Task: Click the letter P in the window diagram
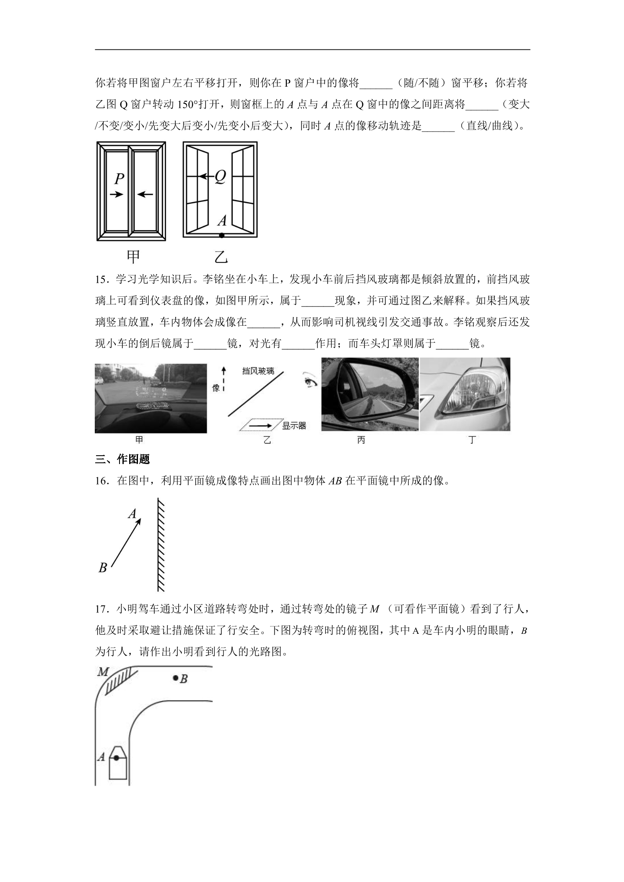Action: tap(120, 179)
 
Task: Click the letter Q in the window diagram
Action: tap(220, 177)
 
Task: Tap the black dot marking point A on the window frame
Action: tap(221, 236)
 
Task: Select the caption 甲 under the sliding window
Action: tap(133, 257)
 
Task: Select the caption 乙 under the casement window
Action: tap(221, 257)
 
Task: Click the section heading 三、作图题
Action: tap(122, 459)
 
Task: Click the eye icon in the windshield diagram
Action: tap(311, 381)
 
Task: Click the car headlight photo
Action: tap(465, 394)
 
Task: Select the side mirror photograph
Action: tap(370, 394)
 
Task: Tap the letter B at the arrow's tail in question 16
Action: tap(103, 568)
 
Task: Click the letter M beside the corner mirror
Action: tap(103, 672)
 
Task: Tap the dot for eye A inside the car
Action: tap(116, 758)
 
